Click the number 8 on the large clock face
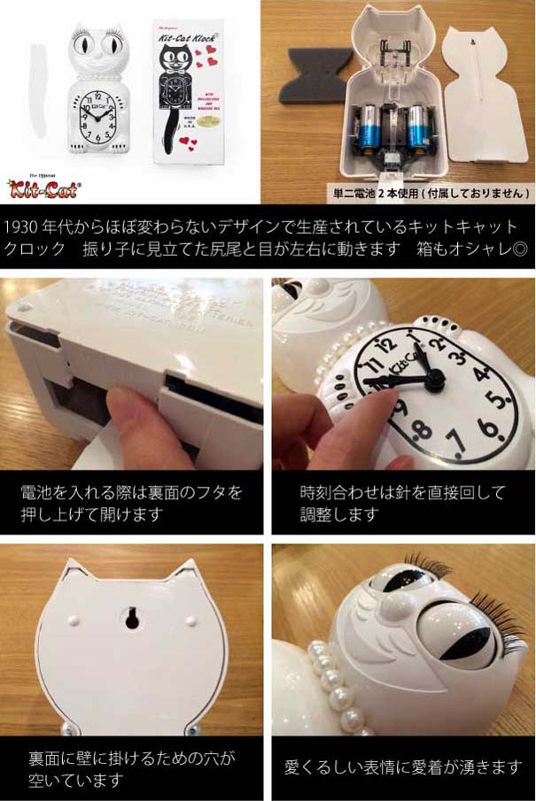pos(423,431)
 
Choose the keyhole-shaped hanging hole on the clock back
pos(131,617)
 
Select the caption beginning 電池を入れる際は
pos(132,503)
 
